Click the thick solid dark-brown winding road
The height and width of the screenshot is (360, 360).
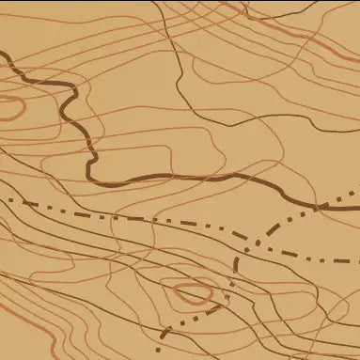pos(188,176)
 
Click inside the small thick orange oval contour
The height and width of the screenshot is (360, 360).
pos(188,293)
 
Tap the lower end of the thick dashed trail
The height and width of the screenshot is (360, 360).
pos(162,337)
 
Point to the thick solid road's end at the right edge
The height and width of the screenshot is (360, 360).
pos(357,196)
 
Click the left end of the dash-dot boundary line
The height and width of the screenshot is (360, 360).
pos(3,198)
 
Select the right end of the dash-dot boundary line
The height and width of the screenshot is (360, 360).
pos(357,262)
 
